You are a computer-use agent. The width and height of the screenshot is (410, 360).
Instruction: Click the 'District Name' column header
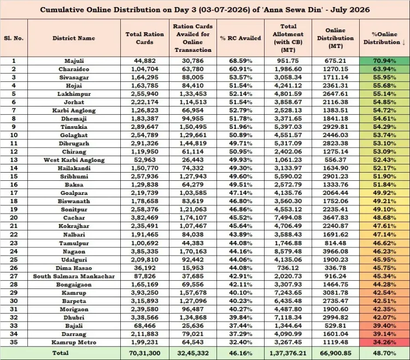click(x=74, y=38)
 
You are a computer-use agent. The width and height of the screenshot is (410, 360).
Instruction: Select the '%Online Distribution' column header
click(x=384, y=38)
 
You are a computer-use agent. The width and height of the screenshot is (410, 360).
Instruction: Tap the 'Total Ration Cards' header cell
click(x=145, y=38)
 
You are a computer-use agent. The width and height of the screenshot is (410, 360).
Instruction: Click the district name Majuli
click(x=74, y=61)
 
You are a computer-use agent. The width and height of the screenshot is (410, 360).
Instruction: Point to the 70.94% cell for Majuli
click(x=384, y=61)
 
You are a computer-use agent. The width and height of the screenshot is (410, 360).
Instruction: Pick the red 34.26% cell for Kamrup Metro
click(x=384, y=342)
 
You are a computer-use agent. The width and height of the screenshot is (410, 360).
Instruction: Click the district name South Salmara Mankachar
click(x=74, y=276)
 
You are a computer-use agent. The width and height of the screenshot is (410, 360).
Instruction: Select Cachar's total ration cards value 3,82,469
click(x=145, y=217)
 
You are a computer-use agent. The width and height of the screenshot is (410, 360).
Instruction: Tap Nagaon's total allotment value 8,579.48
click(x=288, y=251)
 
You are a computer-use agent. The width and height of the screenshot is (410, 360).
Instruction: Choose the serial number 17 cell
click(x=14, y=193)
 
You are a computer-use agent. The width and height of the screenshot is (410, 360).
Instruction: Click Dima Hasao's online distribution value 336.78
click(x=336, y=268)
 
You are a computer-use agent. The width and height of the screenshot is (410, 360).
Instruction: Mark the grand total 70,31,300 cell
click(x=145, y=353)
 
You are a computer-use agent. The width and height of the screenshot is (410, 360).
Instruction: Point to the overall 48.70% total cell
click(x=384, y=353)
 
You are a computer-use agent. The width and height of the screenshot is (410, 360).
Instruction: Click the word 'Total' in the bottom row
click(x=60, y=353)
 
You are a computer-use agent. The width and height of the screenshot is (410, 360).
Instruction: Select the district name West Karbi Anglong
click(x=74, y=160)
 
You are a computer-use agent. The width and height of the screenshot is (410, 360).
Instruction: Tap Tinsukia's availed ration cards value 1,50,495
click(x=193, y=127)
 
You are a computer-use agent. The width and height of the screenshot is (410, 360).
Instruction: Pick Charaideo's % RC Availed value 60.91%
click(x=241, y=69)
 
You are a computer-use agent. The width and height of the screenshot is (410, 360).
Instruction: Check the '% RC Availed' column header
click(x=241, y=38)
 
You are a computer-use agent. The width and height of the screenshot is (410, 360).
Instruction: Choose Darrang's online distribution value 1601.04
click(x=336, y=334)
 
